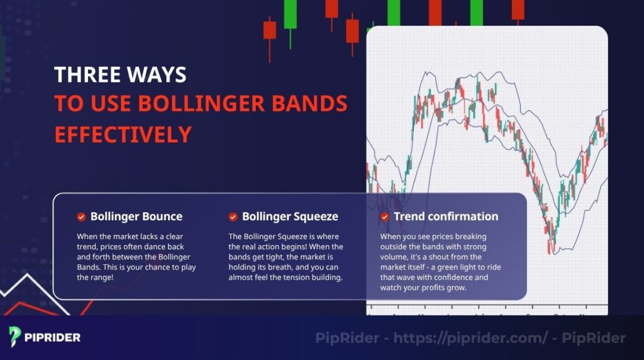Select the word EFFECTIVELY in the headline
coord(123,134)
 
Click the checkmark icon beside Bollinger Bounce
coord(81,217)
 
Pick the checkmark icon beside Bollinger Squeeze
coord(233,217)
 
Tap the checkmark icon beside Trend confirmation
coord(384,217)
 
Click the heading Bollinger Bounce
coord(136,217)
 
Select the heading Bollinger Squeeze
coord(290,217)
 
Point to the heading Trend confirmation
coord(445,217)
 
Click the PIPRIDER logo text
coord(52,337)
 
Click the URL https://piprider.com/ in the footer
coord(470,338)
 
